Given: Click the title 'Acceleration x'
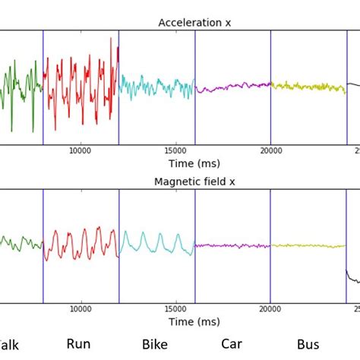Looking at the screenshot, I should (x=194, y=23).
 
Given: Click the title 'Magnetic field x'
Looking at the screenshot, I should (x=194, y=182).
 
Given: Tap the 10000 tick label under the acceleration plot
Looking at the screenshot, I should (x=81, y=150).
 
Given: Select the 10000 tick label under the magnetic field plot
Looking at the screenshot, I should (x=81, y=309).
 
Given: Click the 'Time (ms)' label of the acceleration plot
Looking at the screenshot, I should (x=194, y=163).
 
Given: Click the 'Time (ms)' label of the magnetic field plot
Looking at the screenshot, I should (x=194, y=321).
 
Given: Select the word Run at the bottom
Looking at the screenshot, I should (x=78, y=344).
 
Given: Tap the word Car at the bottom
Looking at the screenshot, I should (x=232, y=344).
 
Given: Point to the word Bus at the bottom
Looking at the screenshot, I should (x=308, y=345).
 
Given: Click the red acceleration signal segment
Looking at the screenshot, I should (x=80, y=84).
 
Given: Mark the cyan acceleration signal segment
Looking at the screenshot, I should (x=156, y=87).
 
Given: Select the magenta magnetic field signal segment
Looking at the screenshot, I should (x=232, y=245).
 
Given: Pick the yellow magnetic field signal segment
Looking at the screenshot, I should (x=308, y=245).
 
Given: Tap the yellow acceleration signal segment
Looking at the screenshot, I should (x=308, y=87).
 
